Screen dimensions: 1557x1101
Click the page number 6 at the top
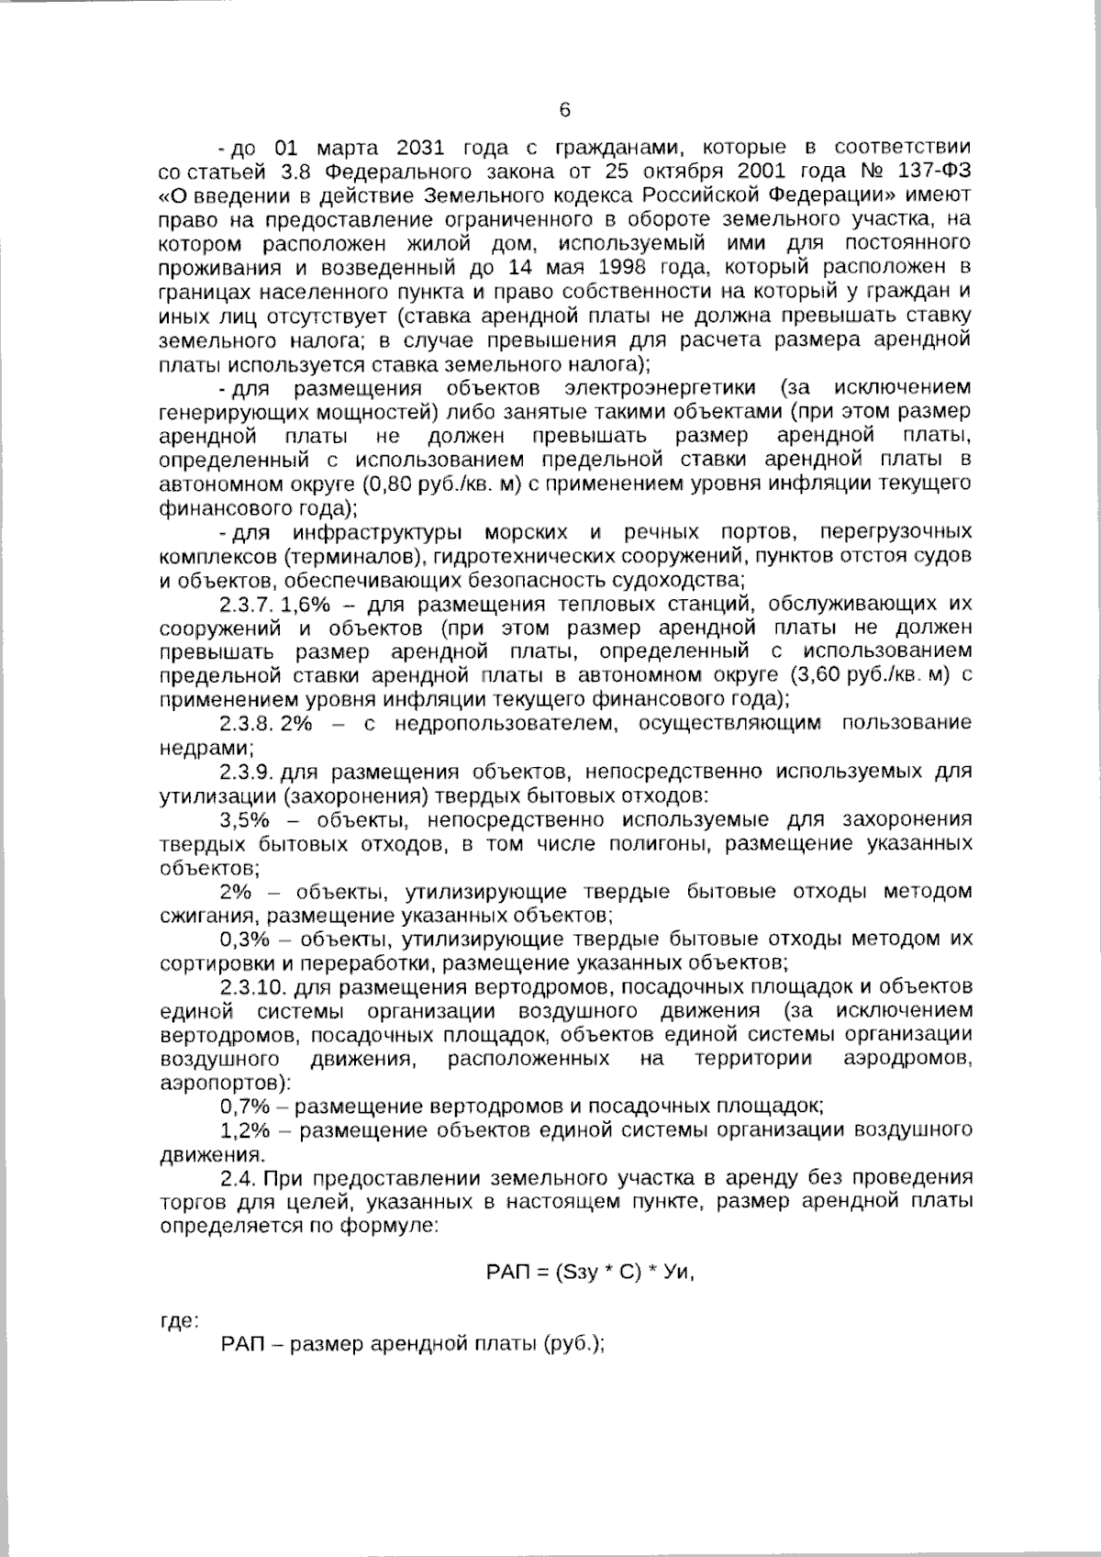[564, 110]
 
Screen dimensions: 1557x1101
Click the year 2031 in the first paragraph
[422, 148]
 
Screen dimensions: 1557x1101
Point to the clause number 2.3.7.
[248, 605]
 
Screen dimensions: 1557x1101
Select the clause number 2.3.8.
[248, 723]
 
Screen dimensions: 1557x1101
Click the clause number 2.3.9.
[248, 771]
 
